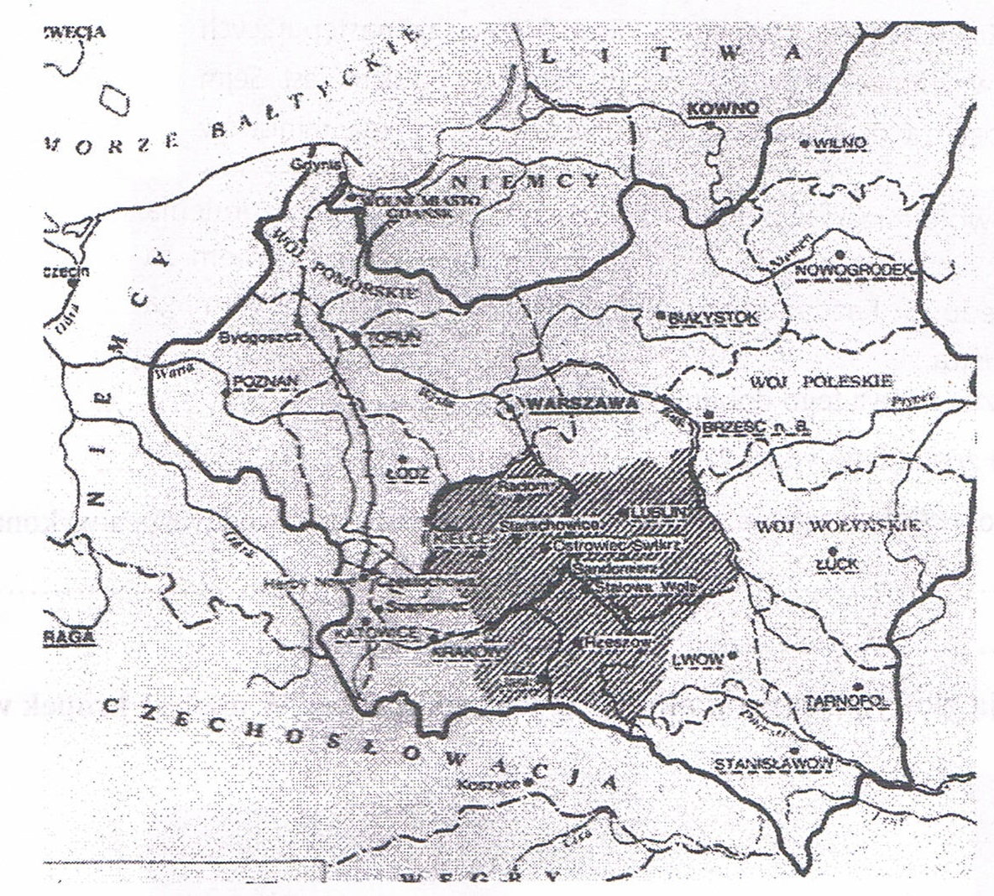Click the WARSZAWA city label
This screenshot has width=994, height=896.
point(580,404)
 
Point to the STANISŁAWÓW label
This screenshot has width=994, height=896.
point(772,763)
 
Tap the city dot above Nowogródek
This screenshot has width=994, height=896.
point(838,253)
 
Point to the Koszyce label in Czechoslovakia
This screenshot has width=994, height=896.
point(487,785)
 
